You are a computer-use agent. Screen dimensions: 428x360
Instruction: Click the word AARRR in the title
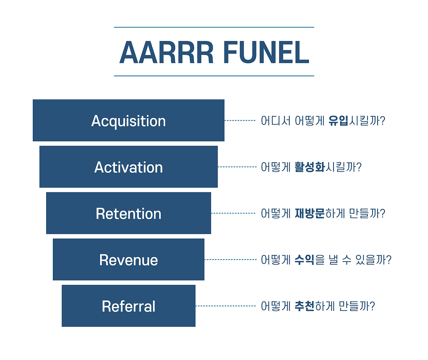tap(167, 52)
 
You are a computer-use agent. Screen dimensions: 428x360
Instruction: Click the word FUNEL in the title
tap(266, 52)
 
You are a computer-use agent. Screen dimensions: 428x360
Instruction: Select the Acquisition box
tap(128, 120)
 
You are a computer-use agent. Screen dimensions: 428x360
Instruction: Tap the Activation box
tap(128, 167)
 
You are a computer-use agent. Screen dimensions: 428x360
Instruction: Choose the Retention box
tap(128, 213)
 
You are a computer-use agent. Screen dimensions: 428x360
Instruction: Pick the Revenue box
tap(128, 259)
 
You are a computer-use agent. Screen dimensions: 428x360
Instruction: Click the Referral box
tap(128, 306)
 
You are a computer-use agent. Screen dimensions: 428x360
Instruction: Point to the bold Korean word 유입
tap(338, 120)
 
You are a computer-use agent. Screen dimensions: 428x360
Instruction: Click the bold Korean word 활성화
tap(310, 167)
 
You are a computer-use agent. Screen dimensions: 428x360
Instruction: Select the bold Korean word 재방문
tap(310, 213)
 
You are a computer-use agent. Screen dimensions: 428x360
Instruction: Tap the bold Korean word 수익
tap(304, 260)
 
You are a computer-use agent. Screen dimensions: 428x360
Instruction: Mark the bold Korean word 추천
tap(304, 306)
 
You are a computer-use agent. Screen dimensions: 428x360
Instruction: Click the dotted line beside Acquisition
tap(240, 120)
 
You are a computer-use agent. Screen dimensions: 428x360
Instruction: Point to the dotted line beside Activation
tap(237, 167)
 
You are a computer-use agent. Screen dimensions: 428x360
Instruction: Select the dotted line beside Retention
tap(233, 213)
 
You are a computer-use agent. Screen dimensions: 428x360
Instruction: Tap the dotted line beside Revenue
tap(231, 260)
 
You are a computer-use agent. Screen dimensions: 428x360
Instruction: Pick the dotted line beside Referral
tap(226, 306)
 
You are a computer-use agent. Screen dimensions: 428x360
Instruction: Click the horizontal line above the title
tap(214, 27)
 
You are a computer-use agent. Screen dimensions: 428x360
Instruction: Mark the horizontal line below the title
tap(214, 76)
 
